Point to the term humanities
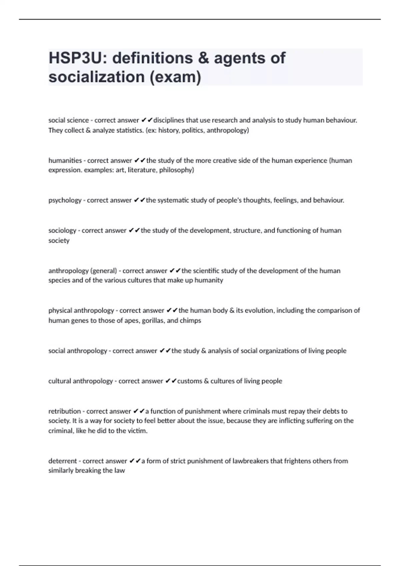pos(65,160)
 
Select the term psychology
pos(65,200)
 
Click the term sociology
pos(62,230)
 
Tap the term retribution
pos(65,411)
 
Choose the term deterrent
pos(63,461)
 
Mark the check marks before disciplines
pos(147,120)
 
